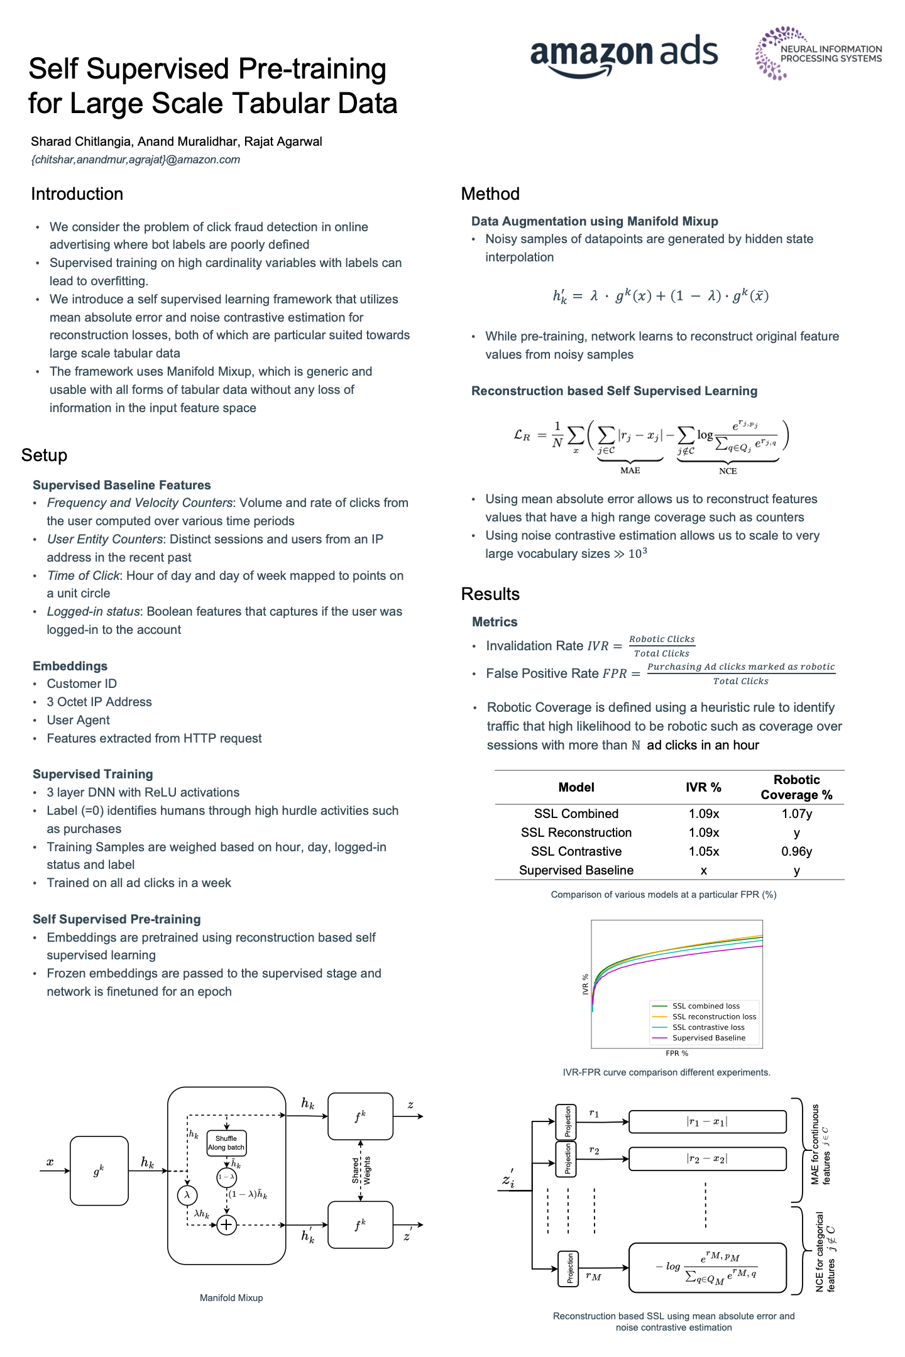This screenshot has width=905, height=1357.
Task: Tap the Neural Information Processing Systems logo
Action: pyautogui.click(x=818, y=53)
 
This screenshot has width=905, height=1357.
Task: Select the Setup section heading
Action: pyautogui.click(x=44, y=455)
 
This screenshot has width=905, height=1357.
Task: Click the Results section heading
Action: pyautogui.click(x=490, y=594)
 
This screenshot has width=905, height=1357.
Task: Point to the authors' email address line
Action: pyautogui.click(x=135, y=160)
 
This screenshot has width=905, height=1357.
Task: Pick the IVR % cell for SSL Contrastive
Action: pyautogui.click(x=703, y=851)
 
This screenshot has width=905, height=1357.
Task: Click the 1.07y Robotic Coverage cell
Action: pyautogui.click(x=796, y=814)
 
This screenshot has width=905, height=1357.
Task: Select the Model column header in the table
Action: pyautogui.click(x=576, y=787)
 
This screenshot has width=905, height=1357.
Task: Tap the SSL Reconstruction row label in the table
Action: pyautogui.click(x=576, y=832)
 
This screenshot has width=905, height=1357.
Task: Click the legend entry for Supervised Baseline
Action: pyautogui.click(x=708, y=1038)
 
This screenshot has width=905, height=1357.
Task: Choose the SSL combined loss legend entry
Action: pyautogui.click(x=705, y=1006)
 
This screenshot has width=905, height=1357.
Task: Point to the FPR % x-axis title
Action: pyautogui.click(x=677, y=1054)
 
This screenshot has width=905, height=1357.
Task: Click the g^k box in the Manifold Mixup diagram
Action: pyautogui.click(x=99, y=1170)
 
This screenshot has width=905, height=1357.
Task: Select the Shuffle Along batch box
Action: pyautogui.click(x=226, y=1143)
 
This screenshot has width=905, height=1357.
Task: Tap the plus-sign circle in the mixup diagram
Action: pyautogui.click(x=226, y=1224)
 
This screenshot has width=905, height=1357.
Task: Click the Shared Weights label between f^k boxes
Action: pyautogui.click(x=361, y=1170)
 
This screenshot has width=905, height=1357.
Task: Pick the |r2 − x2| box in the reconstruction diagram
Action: pyautogui.click(x=707, y=1158)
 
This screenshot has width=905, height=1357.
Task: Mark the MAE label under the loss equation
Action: pyautogui.click(x=630, y=471)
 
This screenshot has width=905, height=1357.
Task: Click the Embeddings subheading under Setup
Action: pyautogui.click(x=70, y=666)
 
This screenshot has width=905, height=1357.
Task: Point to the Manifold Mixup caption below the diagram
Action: pyautogui.click(x=231, y=1298)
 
